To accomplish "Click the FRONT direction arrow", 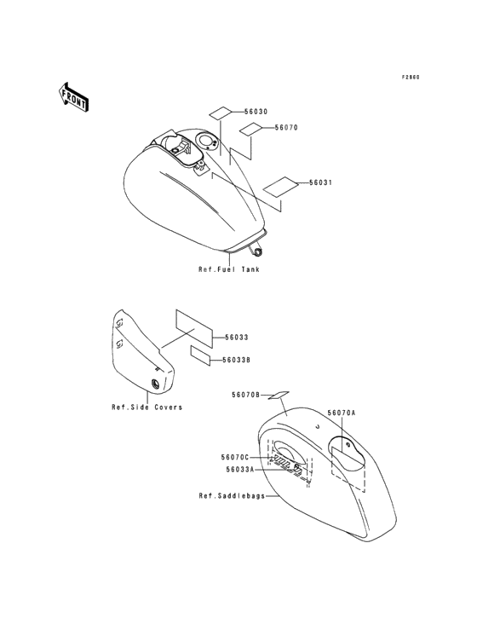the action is coord(72,96).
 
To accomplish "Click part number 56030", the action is coord(256,112).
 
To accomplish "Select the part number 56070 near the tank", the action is coord(286,128).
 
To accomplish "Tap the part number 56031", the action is coord(320,182).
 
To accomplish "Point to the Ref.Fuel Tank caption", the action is coord(229,269).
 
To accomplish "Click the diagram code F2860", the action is coord(411,78).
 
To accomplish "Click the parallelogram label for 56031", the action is coord(280,186).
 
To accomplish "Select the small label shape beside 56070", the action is coord(250,129).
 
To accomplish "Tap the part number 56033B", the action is coord(236,360).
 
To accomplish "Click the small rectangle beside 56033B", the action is coord(200,355).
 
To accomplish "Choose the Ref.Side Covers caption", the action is coord(147,407).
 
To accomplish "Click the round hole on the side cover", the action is coord(155,384).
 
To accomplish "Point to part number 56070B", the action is coord(245,395).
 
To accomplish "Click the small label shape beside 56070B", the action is coord(279,396).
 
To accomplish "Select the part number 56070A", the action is coord(342,413).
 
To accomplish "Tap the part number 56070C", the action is coord(235,457).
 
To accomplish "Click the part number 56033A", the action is coord(239,470).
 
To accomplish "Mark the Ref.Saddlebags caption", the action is coord(232,496).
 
